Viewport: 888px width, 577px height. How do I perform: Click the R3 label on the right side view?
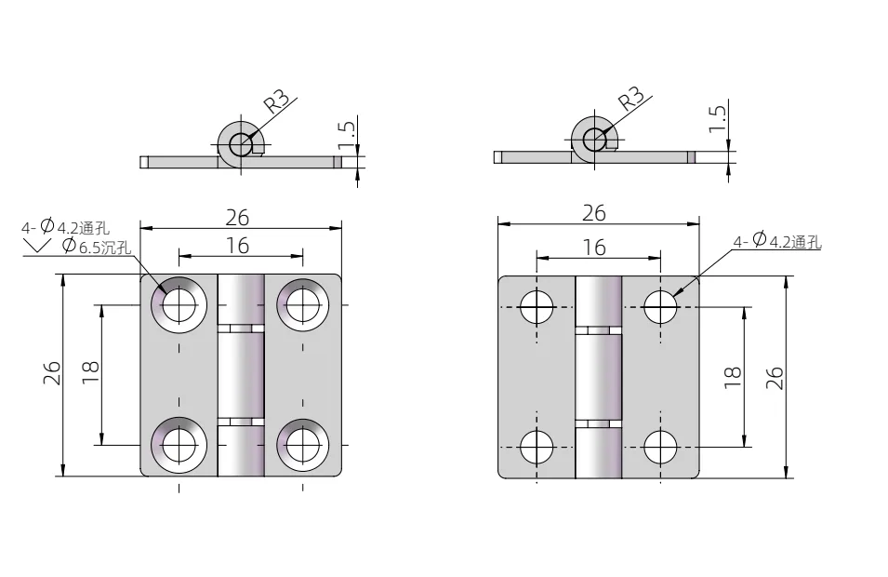(631, 97)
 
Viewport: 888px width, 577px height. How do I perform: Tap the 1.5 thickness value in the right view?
(717, 118)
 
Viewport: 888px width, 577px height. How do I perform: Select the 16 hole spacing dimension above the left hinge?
(238, 245)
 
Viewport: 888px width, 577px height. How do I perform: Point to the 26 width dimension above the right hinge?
(594, 212)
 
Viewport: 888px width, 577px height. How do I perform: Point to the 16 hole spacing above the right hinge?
(594, 247)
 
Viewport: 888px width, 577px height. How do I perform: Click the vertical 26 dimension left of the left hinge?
(53, 373)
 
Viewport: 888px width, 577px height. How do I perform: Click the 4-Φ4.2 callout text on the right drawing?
(776, 242)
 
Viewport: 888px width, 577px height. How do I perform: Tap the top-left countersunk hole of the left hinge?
(179, 303)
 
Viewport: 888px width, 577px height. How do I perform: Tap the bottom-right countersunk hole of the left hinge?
(302, 446)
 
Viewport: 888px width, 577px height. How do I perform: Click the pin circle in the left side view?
(241, 144)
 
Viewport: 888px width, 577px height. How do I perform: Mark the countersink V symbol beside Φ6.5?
(37, 246)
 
